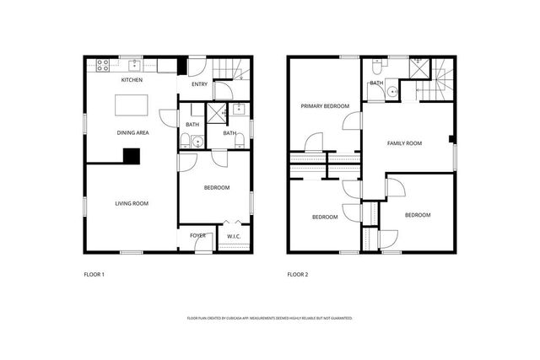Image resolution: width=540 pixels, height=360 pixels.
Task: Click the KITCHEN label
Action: pos(132,80)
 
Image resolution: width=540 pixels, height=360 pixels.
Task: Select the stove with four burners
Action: pos(103,64)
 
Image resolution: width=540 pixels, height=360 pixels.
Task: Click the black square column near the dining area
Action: pos(131,155)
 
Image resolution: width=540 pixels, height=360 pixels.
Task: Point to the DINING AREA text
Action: pos(132,132)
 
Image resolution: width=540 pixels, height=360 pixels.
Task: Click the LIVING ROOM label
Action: pos(132,203)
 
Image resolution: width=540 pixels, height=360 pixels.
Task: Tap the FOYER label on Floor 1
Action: pos(197,236)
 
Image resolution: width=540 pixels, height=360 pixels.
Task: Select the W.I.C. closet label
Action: pos(234,236)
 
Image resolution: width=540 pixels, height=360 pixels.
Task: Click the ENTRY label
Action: pos(200,84)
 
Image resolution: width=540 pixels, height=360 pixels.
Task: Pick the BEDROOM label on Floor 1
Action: pos(217,188)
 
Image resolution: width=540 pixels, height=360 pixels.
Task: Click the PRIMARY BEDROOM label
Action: pos(325,106)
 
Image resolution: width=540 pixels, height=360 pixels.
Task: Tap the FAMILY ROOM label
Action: pos(404,143)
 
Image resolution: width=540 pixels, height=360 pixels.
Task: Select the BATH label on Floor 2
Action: pos(376,83)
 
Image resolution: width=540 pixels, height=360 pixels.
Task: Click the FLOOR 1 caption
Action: pos(94,274)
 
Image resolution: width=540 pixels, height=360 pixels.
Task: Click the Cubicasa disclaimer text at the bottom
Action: pos(269,318)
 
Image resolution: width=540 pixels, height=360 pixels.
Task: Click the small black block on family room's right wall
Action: pos(452,138)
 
